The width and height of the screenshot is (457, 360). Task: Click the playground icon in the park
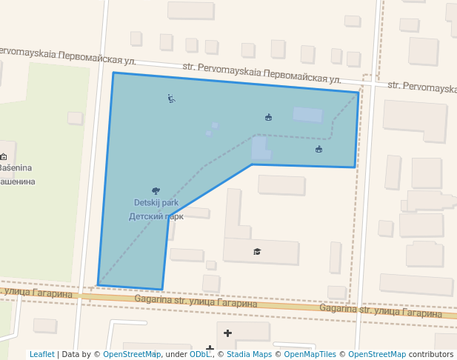(x=171, y=98)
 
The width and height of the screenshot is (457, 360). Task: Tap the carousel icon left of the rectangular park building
(x=268, y=117)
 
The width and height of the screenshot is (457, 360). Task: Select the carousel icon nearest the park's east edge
(x=318, y=149)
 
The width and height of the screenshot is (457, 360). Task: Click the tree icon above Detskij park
(x=156, y=191)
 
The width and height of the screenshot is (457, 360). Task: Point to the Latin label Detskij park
(x=156, y=202)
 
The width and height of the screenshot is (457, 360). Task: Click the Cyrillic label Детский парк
(x=156, y=216)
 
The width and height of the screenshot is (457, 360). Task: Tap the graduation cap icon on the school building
(x=257, y=252)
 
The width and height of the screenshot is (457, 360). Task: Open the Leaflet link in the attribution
(x=41, y=354)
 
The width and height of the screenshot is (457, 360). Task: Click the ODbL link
(x=199, y=354)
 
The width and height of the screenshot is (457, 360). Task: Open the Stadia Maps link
(x=249, y=354)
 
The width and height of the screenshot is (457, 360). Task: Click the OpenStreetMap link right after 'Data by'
(x=131, y=354)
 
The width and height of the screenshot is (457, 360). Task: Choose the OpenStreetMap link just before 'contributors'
(x=377, y=354)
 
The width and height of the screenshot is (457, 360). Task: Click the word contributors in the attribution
(x=430, y=354)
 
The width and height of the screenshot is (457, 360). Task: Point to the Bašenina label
(x=15, y=168)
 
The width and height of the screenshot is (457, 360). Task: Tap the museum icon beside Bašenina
(x=4, y=156)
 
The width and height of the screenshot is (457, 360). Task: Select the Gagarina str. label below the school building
(x=196, y=301)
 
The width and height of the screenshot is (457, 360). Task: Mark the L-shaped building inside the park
(x=260, y=148)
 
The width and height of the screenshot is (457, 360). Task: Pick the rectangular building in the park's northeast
(x=307, y=115)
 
